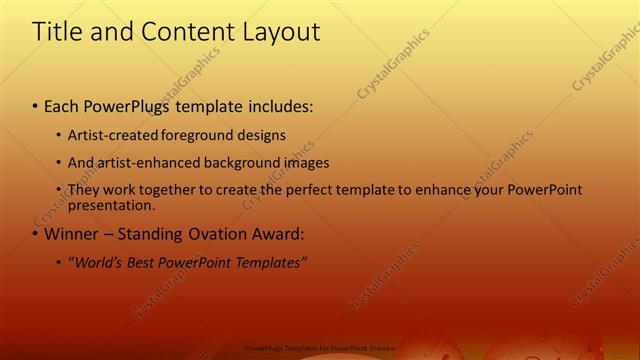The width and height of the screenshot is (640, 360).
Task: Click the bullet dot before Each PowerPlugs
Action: (36, 105)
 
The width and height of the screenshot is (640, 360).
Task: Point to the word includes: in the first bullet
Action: (281, 105)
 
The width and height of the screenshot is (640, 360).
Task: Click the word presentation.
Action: (111, 206)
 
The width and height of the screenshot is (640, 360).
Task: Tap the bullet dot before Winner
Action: (36, 235)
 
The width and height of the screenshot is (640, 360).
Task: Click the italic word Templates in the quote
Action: (272, 263)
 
